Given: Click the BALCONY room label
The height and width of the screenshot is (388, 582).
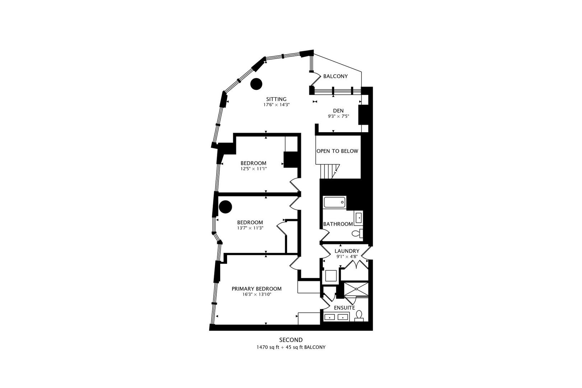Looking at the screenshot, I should coord(336,76).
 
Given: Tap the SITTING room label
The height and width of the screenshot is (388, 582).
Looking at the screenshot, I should coord(276,99).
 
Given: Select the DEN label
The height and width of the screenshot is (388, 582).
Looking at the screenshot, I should coord(338,111).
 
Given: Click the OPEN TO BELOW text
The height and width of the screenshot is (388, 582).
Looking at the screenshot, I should coord(337,151).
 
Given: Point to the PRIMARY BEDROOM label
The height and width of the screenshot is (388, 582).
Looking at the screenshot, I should coord(257,289).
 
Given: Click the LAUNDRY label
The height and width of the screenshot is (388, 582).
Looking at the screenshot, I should coord(347,251).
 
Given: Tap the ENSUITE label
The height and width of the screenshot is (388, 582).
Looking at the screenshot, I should coord(344,308).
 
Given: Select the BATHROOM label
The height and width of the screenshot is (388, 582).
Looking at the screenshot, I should coord(338,224).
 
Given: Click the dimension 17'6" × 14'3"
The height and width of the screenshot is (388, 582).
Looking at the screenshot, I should coord(276,105).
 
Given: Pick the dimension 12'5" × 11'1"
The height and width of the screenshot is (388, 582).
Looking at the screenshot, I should coord(253,168).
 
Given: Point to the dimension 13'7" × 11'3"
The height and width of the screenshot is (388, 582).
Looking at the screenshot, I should coord(250,228).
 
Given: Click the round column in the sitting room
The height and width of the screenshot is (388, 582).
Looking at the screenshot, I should coord(256,84).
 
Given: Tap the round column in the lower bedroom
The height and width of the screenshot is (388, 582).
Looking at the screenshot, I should coord(225,207).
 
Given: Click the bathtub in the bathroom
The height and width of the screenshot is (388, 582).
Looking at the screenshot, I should coord(334,202).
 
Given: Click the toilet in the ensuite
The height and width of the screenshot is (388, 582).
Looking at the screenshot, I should coord(359,316).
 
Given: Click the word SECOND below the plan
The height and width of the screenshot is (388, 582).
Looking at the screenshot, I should coord(291,340).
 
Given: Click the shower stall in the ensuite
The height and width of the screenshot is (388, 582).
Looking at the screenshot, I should coord(356,289).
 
